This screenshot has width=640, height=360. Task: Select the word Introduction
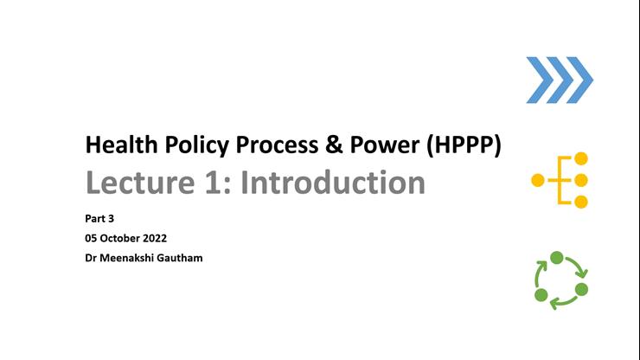[x=332, y=183]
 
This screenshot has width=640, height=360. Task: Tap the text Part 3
[x=99, y=219]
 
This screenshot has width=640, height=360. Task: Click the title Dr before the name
[x=91, y=257]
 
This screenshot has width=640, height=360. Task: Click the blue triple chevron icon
[x=560, y=80]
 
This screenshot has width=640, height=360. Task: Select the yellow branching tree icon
[x=560, y=180]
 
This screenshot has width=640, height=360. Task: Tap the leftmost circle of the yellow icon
[x=538, y=180]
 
